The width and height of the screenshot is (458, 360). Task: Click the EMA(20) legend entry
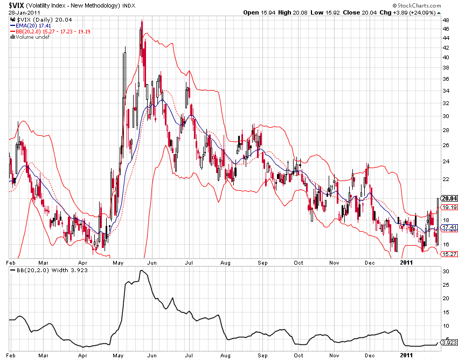coord(30,25)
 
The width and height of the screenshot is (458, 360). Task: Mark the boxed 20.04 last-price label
coord(449,198)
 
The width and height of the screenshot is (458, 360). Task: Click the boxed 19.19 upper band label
coord(449,207)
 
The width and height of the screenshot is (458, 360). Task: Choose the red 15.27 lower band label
coord(449,254)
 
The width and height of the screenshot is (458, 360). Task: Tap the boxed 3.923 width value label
coord(449,342)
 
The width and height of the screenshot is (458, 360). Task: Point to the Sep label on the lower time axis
coord(263,356)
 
